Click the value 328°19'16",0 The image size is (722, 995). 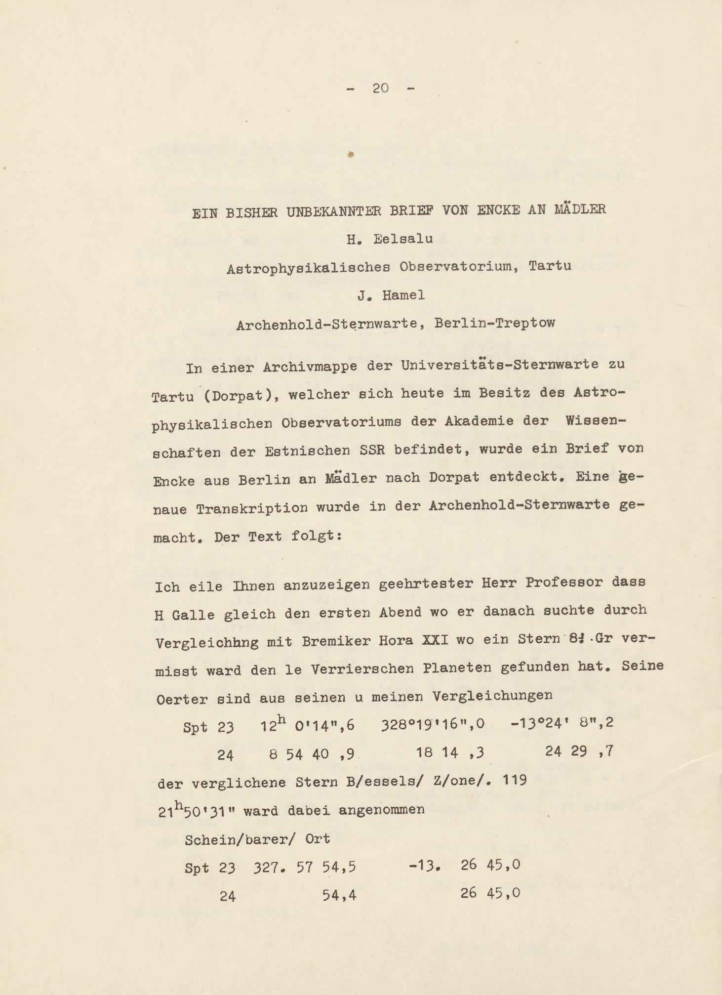point(433,724)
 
